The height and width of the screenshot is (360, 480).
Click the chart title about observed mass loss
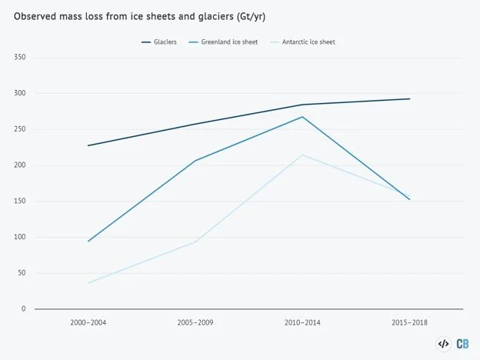(x=139, y=16)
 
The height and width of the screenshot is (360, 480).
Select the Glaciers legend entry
(x=159, y=42)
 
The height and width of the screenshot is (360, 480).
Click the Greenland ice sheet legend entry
(x=224, y=42)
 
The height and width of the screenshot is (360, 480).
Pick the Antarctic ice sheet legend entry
(x=302, y=42)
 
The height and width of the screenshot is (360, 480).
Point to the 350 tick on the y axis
(x=19, y=57)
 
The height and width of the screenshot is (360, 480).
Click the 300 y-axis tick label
(x=19, y=93)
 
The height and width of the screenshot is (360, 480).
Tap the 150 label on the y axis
(x=19, y=201)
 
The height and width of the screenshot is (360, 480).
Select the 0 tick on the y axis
(x=24, y=308)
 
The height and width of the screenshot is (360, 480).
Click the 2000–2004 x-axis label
(x=88, y=322)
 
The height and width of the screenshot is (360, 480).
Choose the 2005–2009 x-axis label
(x=195, y=322)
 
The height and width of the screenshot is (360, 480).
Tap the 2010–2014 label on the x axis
(x=302, y=322)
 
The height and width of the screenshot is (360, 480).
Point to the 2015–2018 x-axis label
(x=409, y=322)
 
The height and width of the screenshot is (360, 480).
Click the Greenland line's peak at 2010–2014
(x=302, y=117)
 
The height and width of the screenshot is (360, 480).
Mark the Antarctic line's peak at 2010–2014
(x=302, y=155)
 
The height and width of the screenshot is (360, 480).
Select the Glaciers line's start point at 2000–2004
(x=88, y=145)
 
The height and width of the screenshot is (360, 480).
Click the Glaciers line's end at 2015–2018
(x=409, y=99)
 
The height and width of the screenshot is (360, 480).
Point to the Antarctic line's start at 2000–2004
(x=88, y=283)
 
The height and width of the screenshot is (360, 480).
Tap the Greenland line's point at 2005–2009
(x=195, y=161)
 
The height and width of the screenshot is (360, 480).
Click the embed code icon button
(x=443, y=344)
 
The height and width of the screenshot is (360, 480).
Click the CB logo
(x=462, y=344)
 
